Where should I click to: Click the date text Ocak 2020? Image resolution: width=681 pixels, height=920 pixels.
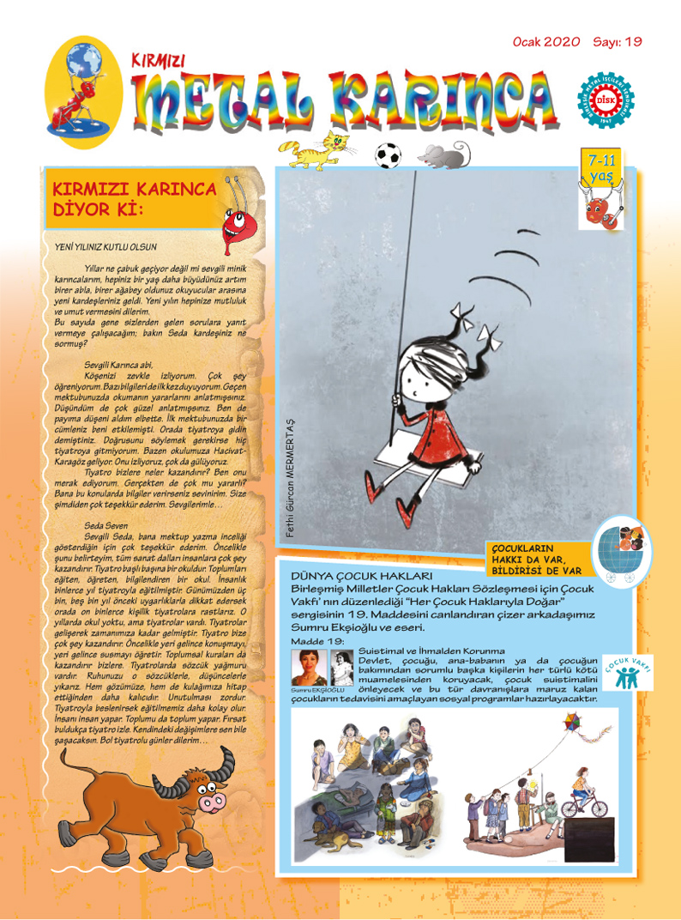tap(546, 41)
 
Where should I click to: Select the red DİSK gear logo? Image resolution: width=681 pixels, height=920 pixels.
tap(606, 101)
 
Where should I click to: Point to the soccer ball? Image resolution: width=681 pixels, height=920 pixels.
tap(389, 154)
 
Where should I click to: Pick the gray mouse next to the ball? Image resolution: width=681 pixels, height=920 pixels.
tap(443, 154)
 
